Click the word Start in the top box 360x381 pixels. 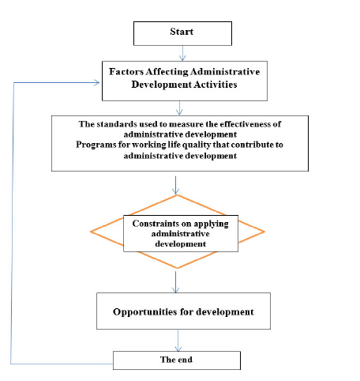coord(182,32)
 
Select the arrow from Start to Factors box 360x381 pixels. coord(182,53)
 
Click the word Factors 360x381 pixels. coord(126,72)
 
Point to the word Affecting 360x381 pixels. coord(167,72)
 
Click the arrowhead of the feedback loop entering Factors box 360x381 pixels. coord(96,83)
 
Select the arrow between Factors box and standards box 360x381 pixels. coord(179,108)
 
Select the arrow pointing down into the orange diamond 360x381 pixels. coord(175,186)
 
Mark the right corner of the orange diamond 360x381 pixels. coord(264,232)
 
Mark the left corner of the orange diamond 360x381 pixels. coord(91,232)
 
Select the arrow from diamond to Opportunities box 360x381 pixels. coord(175,282)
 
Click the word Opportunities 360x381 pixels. coord(145,312)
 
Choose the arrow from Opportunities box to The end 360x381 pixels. coord(178,341)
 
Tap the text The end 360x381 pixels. coord(176,360)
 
